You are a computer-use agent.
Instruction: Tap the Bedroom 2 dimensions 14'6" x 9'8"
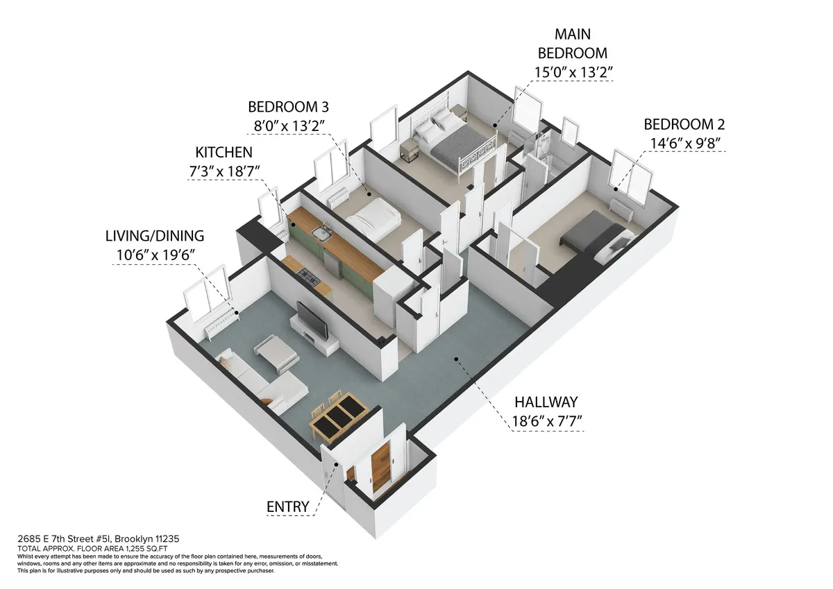click(684, 144)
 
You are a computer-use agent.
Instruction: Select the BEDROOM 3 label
click(288, 107)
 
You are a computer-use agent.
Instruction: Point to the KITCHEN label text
click(224, 152)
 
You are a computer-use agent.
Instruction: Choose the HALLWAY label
click(547, 402)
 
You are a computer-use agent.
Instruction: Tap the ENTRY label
click(287, 507)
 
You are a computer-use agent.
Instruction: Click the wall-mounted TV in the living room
click(313, 320)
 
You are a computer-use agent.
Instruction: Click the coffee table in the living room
click(276, 352)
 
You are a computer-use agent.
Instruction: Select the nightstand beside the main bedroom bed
click(409, 148)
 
